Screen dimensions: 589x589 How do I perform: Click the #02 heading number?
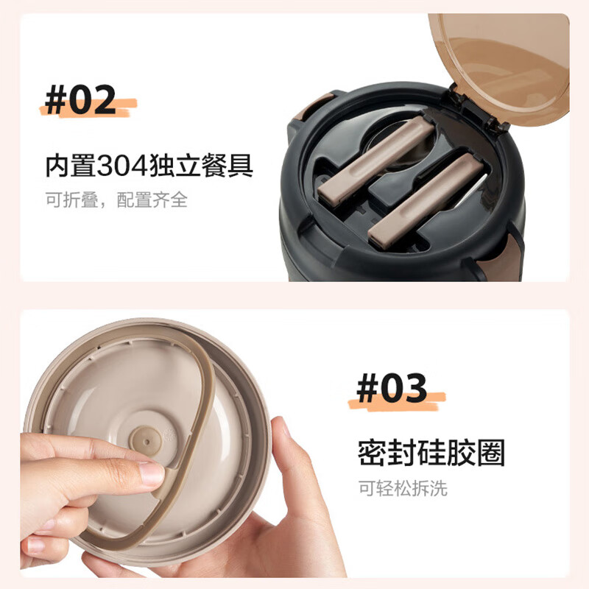pos(80,99)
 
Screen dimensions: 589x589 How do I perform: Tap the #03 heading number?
pos(392,388)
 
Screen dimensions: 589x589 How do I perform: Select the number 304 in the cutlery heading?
pos(122,165)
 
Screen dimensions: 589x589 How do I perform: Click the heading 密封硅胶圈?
pos(431,453)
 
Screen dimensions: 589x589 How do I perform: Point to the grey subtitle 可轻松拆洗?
pos(403,488)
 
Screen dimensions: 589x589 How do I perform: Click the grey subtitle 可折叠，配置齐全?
pos(116,200)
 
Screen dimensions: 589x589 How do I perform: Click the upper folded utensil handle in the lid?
pos(376,161)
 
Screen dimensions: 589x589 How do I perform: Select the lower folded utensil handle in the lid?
pos(426,201)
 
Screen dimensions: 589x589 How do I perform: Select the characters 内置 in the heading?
pos(71,165)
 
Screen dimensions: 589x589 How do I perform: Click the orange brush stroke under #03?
pos(397,401)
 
